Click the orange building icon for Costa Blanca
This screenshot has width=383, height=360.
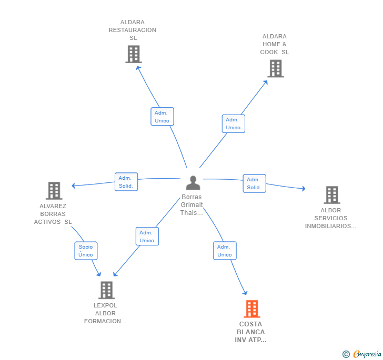point(252,308)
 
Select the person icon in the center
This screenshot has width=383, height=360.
point(193,182)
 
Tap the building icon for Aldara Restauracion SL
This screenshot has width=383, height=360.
point(134,54)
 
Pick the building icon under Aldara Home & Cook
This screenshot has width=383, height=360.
point(276,68)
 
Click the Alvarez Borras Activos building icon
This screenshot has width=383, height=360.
point(54,191)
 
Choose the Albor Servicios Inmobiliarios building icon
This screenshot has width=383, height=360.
point(332,195)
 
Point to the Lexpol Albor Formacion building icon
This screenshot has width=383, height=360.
point(106,290)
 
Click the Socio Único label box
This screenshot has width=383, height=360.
point(86,251)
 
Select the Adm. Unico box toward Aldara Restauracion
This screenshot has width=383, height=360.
point(162,117)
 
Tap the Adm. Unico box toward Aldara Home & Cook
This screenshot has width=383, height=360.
point(234,124)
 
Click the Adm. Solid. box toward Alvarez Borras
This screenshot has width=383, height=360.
point(126,182)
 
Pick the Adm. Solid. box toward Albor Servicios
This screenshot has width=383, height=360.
point(255,183)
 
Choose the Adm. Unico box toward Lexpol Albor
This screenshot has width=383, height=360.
point(147,236)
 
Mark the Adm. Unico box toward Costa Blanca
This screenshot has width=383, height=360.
point(225,251)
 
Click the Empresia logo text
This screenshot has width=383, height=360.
point(367,354)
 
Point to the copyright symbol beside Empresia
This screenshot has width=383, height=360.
point(346,354)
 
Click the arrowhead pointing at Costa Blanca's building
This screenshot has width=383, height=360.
point(245,293)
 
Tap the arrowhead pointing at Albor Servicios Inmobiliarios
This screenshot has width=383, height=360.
point(304,189)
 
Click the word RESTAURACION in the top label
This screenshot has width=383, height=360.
point(133,30)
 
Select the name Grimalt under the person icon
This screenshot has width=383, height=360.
point(191,205)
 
